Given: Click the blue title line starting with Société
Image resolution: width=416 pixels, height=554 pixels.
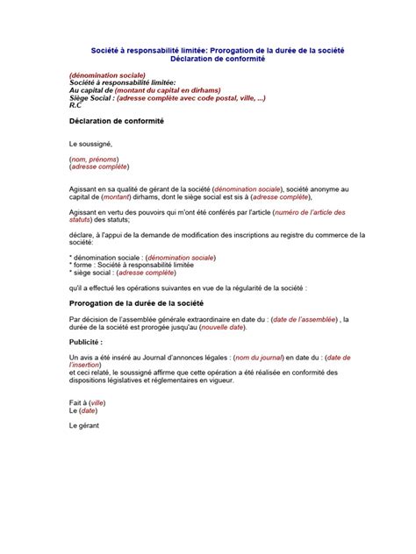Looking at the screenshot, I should click(206, 51).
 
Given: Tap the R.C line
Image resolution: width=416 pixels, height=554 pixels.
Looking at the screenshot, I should click(75, 104).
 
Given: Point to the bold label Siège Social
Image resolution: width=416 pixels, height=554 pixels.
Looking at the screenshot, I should click(90, 97).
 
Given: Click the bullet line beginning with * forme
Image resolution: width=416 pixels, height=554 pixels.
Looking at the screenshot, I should click(129, 266).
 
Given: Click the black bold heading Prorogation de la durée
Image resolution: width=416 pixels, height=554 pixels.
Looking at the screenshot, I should click(130, 302).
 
